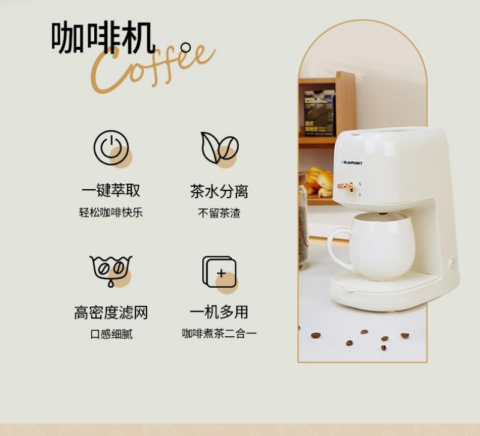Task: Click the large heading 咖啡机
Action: [103, 37]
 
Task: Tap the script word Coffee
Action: [153, 68]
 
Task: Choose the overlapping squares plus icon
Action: [219, 272]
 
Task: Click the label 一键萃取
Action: [111, 190]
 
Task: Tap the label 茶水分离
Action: [219, 191]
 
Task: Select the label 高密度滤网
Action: [111, 312]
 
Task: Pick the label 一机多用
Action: [219, 312]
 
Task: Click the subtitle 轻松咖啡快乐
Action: [111, 213]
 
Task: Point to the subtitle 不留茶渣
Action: [219, 213]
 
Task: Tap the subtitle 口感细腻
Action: [112, 334]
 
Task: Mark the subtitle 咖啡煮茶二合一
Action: [219, 333]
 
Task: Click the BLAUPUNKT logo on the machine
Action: [352, 163]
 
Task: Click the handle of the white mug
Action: [338, 247]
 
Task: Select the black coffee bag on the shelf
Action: [319, 114]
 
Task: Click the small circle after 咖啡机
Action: [185, 47]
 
